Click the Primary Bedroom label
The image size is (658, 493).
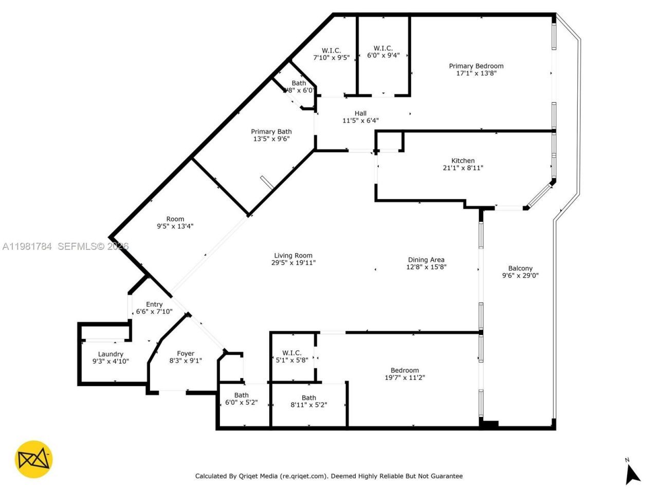476,66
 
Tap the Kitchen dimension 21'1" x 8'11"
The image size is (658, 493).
463,168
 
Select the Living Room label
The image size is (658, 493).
293,256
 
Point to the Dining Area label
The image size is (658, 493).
426,260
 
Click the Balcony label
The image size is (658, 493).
520,268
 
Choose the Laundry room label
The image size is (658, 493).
111,354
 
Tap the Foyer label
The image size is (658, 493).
186,353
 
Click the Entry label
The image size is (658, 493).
154,305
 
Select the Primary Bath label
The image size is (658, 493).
271,131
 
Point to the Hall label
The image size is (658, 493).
360,113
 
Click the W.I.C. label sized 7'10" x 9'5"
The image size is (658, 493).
331,50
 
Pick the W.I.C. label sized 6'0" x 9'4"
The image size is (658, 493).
383,48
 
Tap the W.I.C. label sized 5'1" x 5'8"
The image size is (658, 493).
291,353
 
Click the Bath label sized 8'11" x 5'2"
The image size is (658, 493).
308,397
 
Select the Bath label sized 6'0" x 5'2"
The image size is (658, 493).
241,395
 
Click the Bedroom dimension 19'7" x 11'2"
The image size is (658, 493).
405,377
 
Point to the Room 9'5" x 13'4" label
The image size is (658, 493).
175,219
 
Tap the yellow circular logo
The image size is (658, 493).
34,459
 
